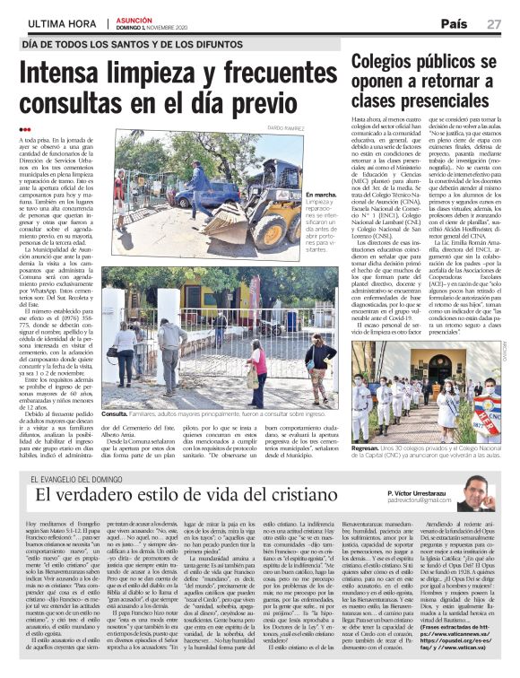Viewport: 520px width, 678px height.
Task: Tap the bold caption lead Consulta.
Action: (x=117, y=415)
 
